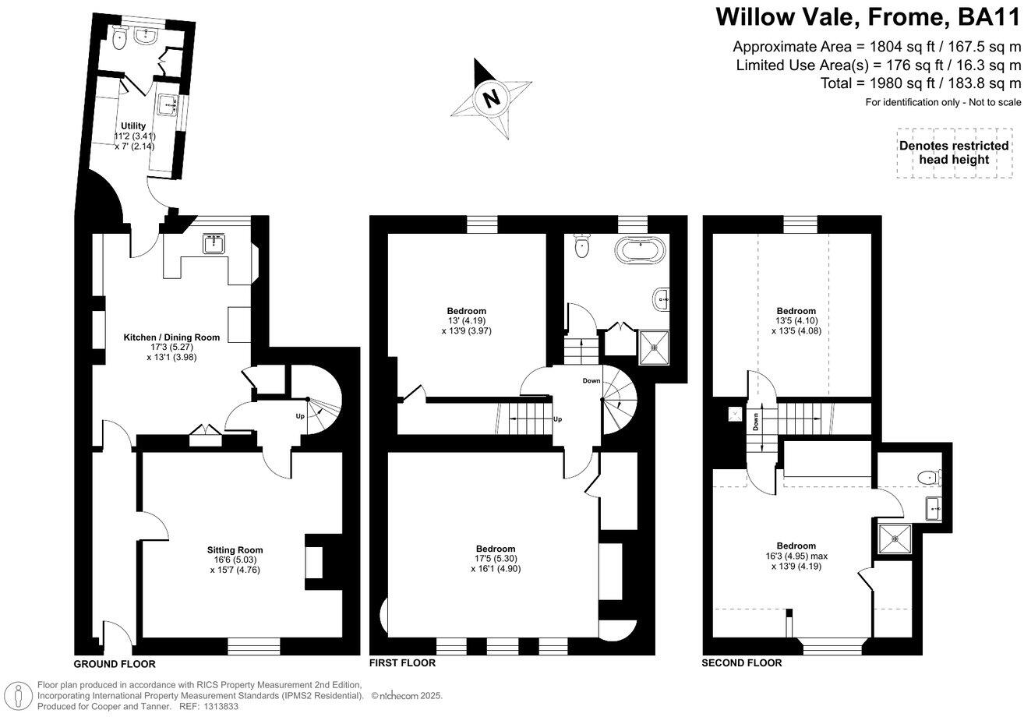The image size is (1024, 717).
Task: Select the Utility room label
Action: [x=132, y=125]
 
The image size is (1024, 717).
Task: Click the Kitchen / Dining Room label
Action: [x=171, y=337]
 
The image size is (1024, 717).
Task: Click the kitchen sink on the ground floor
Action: [x=213, y=245]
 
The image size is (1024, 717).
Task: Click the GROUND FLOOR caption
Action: [x=115, y=664]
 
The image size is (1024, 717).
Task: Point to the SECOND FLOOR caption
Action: [x=741, y=663]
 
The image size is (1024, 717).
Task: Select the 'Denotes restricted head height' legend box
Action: [x=953, y=153]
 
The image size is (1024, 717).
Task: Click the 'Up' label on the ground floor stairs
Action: [x=299, y=416]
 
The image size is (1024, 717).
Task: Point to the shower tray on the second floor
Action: [x=895, y=536]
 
